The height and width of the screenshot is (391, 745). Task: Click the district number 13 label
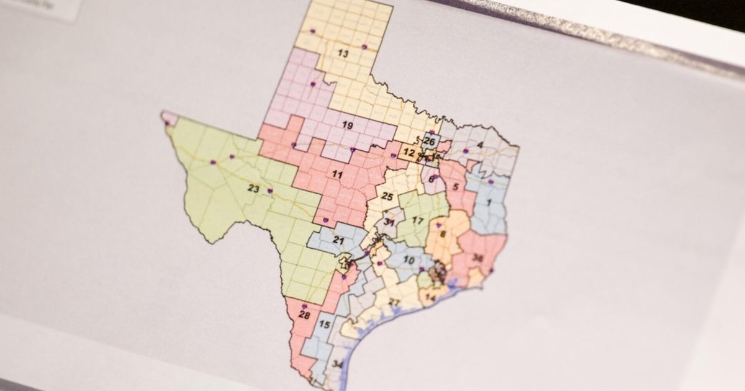pyautogui.click(x=343, y=53)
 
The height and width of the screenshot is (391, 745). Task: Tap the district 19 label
pyautogui.click(x=347, y=125)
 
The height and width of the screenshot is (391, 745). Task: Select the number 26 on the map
pyautogui.click(x=429, y=141)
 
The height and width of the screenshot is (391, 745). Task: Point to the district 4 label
pyautogui.click(x=480, y=146)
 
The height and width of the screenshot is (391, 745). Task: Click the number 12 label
pyautogui.click(x=409, y=153)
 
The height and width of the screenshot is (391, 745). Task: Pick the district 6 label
pyautogui.click(x=431, y=179)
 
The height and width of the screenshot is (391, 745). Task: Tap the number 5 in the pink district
pyautogui.click(x=456, y=186)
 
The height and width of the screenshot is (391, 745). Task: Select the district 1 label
pyautogui.click(x=489, y=202)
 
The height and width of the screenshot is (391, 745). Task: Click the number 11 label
pyautogui.click(x=336, y=175)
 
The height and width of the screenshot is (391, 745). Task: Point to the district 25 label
pyautogui.click(x=387, y=197)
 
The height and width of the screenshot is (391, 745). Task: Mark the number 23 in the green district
pyautogui.click(x=253, y=188)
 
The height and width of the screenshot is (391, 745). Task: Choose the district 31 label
pyautogui.click(x=389, y=222)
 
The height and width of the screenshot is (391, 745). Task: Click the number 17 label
pyautogui.click(x=418, y=221)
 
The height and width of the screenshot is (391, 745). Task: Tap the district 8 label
pyautogui.click(x=443, y=234)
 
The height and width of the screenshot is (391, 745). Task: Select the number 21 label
pyautogui.click(x=338, y=240)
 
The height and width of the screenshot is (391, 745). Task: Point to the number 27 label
pyautogui.click(x=394, y=302)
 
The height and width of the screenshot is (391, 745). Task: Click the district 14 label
pyautogui.click(x=430, y=298)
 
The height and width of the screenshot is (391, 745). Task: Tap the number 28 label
pyautogui.click(x=304, y=315)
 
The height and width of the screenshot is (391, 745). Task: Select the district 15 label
pyautogui.click(x=324, y=325)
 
